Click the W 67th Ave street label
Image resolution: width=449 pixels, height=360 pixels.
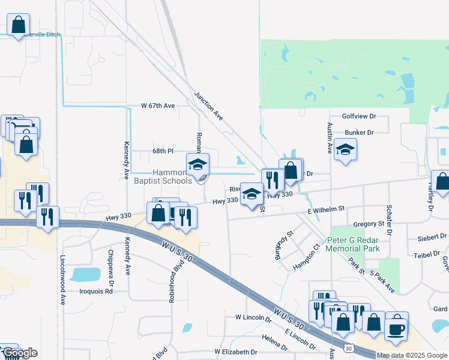click(158, 106)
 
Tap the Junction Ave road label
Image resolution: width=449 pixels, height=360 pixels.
click(208, 106)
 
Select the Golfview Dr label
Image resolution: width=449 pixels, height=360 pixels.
click(358, 116)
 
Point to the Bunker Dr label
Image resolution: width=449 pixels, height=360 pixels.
click(360, 133)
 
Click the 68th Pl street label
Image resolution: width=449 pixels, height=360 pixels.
click(162, 151)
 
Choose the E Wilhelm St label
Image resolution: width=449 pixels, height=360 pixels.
click(326, 209)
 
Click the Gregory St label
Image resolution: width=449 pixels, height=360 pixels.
click(369, 224)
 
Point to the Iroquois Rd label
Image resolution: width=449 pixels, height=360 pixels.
click(96, 292)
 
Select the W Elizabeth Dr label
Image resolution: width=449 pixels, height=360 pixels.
click(235, 352)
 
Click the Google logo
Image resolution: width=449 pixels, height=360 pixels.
click(20, 353)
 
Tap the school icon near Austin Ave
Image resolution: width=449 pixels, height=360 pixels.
click(345, 149)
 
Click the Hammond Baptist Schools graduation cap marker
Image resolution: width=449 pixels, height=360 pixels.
click(197, 164)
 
